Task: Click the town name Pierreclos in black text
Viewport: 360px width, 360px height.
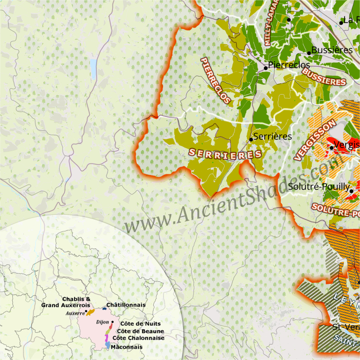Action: (x=289, y=65)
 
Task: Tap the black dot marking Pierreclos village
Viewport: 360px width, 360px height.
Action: (x=266, y=67)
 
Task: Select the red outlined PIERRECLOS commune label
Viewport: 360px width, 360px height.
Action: (x=215, y=80)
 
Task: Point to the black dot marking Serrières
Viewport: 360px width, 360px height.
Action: (x=251, y=139)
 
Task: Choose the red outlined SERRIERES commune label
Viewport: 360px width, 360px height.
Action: (x=225, y=154)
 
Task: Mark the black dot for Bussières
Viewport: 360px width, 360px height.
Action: (x=309, y=53)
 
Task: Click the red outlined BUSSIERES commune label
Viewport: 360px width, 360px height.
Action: (x=324, y=77)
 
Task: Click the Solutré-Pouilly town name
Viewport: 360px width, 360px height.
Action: (x=319, y=187)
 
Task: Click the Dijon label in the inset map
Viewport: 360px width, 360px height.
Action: (x=102, y=322)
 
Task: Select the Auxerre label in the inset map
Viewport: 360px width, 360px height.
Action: (x=75, y=313)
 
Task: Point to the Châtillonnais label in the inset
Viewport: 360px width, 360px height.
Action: (x=126, y=305)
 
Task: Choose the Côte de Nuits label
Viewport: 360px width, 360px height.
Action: (x=140, y=323)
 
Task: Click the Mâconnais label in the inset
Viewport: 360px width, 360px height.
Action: (x=127, y=347)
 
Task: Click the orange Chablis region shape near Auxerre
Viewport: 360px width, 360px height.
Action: (x=90, y=312)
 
